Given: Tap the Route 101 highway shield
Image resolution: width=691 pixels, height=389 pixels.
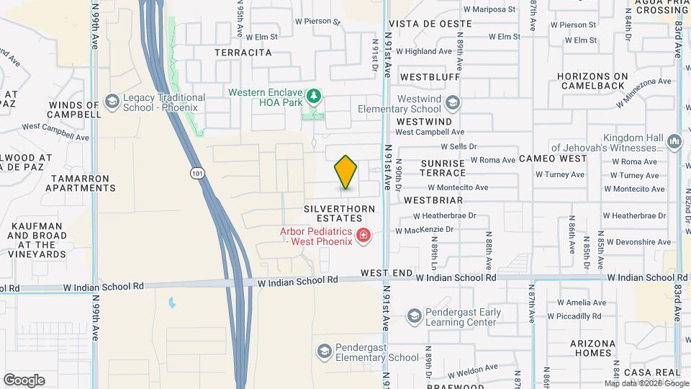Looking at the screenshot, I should pyautogui.click(x=197, y=173).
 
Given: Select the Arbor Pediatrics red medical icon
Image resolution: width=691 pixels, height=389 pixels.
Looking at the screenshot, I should pyautogui.click(x=363, y=236).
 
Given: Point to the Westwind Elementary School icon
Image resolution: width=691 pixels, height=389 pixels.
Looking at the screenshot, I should pyautogui.click(x=451, y=102).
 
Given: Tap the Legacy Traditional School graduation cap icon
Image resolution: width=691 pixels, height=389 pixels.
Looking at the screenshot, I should pyautogui.click(x=112, y=102).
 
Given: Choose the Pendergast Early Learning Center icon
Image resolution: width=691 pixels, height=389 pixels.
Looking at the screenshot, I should pyautogui.click(x=414, y=316).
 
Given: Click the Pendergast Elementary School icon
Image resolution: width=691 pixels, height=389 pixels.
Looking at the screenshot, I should pyautogui.click(x=324, y=351).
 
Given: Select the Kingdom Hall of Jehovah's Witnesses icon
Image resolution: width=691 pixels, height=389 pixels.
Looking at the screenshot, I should pyautogui.click(x=674, y=141).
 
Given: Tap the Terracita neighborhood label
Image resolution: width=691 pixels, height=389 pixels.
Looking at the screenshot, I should pyautogui.click(x=243, y=53).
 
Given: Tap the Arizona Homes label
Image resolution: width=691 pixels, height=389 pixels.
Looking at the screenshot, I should pyautogui.click(x=593, y=348).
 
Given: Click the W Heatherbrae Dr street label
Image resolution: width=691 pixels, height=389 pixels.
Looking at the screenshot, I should pyautogui.click(x=444, y=215).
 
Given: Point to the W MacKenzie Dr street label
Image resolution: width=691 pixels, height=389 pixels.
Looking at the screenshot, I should pyautogui.click(x=425, y=231).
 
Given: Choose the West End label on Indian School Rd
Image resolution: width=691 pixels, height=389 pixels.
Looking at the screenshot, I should pyautogui.click(x=387, y=273).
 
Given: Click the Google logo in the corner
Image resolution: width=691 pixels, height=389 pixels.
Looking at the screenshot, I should pyautogui.click(x=24, y=380).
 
